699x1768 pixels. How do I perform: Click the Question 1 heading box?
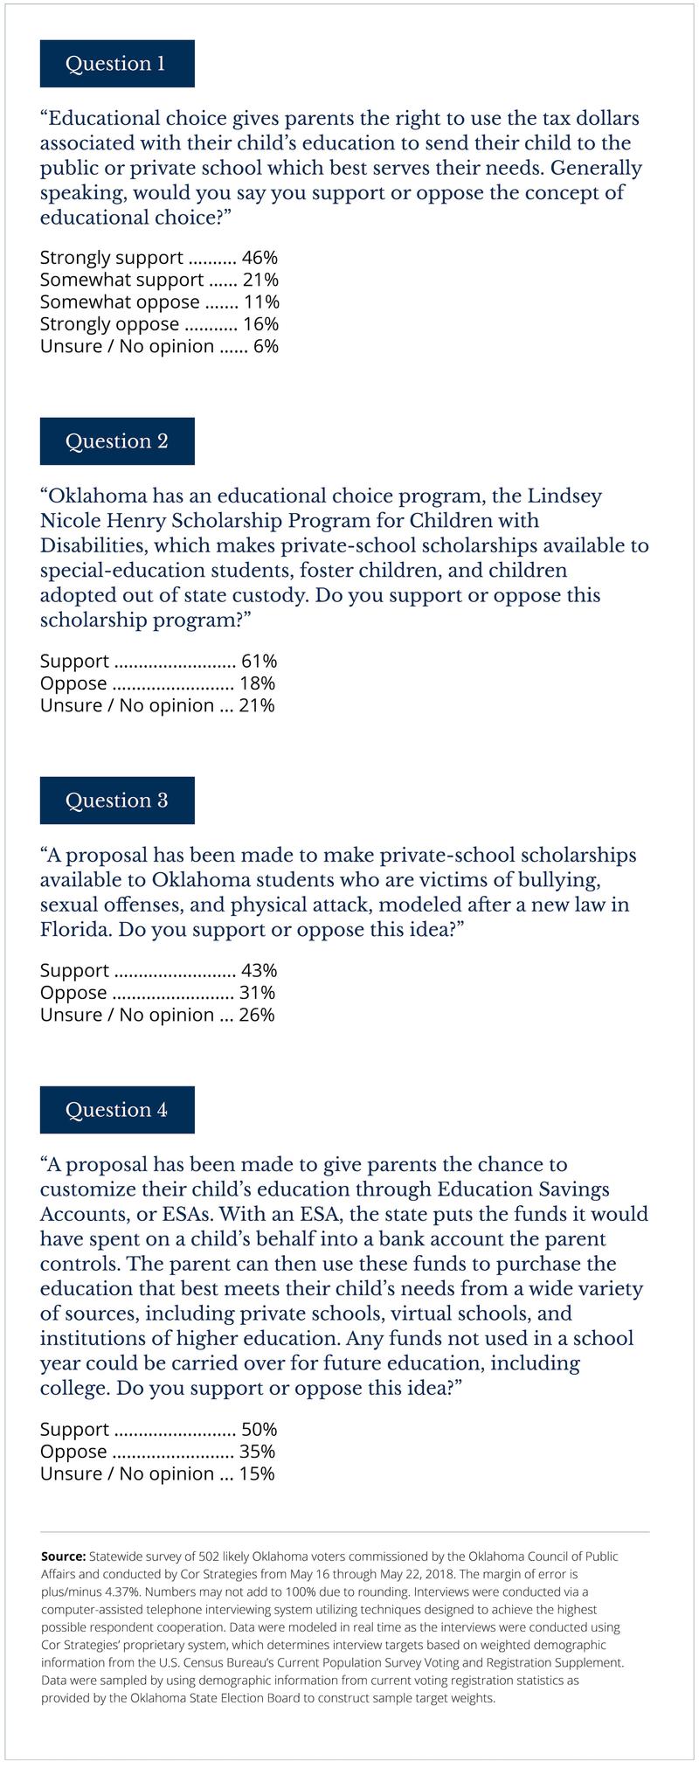coord(116,63)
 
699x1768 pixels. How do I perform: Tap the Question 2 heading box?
coord(116,440)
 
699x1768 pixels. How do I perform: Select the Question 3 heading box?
coord(116,800)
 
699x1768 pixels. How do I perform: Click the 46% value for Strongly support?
coord(260,258)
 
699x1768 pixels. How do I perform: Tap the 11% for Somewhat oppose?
coord(260,302)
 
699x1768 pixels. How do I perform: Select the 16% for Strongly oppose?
coord(260,324)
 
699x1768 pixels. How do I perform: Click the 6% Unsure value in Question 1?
coord(266,346)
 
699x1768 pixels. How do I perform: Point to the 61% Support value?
coord(260,662)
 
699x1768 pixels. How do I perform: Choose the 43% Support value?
coord(260,971)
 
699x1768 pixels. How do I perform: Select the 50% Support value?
coord(260,1430)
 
